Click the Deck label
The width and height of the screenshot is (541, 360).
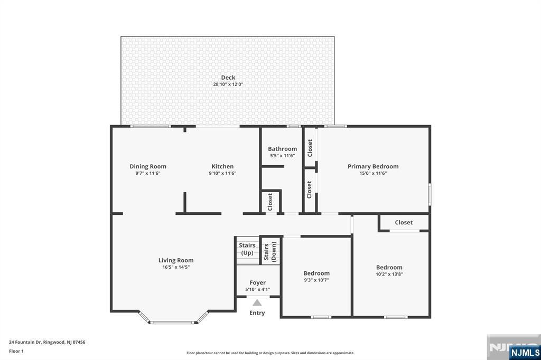[228, 78]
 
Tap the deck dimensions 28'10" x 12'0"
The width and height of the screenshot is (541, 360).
[228, 84]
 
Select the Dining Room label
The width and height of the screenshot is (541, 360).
[148, 167]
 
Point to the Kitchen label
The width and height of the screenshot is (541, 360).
[222, 167]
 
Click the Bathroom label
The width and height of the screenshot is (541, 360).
[282, 149]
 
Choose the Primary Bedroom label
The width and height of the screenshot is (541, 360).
[373, 167]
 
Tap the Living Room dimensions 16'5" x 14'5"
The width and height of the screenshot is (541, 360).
[176, 267]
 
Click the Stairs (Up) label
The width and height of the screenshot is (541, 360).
[247, 249]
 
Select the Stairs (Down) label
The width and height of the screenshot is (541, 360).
[270, 252]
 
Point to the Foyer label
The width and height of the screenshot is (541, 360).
[258, 283]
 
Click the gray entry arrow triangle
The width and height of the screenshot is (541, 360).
[257, 303]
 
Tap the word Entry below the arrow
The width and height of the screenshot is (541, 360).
[257, 313]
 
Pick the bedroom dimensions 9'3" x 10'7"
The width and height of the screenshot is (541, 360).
[316, 280]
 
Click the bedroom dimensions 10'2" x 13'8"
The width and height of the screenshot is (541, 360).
[389, 274]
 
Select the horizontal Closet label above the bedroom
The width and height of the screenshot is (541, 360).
[404, 222]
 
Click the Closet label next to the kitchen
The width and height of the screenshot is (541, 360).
[270, 202]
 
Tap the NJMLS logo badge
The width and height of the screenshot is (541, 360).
[525, 353]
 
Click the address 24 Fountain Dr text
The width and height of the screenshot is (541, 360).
[25, 342]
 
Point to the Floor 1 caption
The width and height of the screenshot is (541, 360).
[16, 351]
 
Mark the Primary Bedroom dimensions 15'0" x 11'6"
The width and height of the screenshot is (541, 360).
[373, 174]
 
